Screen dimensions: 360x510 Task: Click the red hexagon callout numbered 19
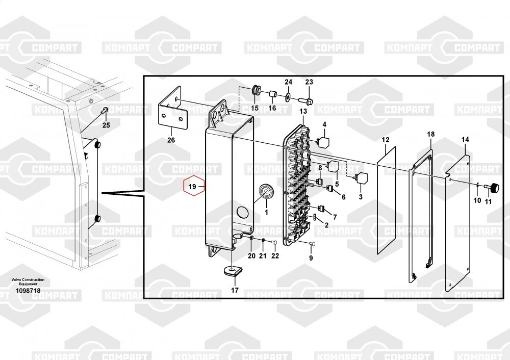pos(193,187)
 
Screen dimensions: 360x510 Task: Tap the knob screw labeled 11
pos(494,188)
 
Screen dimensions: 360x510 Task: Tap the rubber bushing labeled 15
pos(256,91)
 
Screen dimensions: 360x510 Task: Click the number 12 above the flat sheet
pos(386,140)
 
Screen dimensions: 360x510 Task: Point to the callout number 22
pos(275,255)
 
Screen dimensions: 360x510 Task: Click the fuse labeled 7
pos(322,209)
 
